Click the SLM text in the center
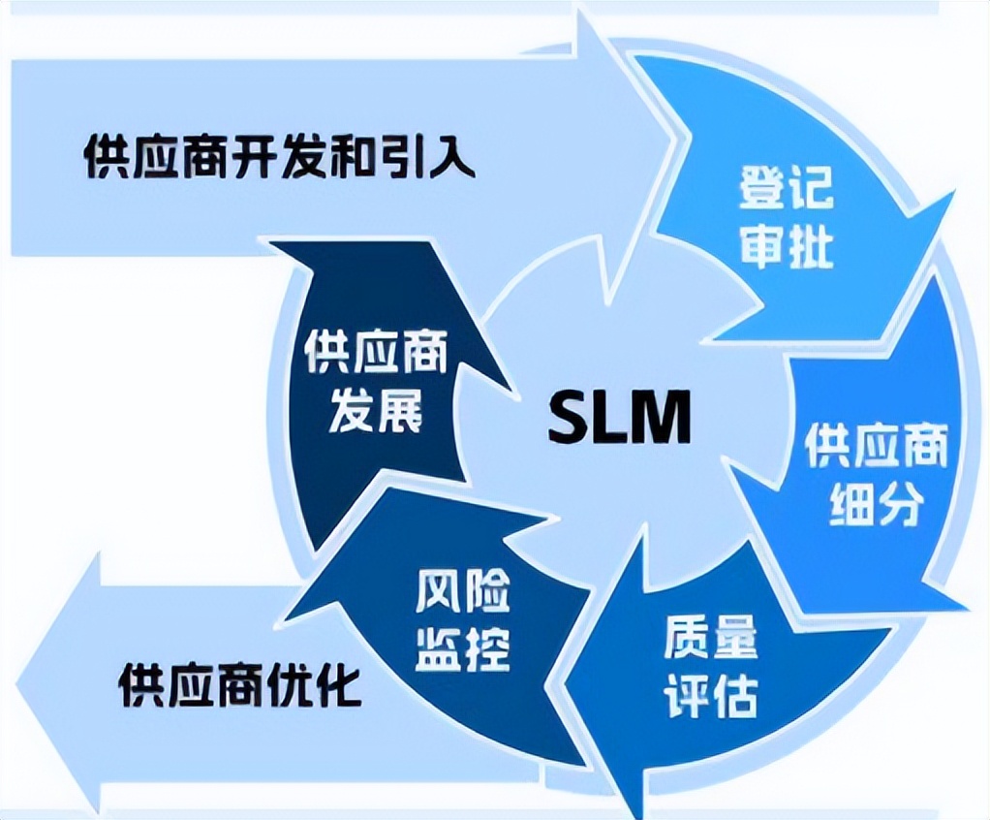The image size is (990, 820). pos(620,418)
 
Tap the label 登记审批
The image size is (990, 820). pos(786,216)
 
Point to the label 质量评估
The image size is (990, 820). pos(711,664)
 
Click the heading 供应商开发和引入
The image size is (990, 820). pos(279,156)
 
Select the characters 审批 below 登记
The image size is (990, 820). pos(786,246)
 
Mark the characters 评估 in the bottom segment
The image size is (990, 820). pos(711,694)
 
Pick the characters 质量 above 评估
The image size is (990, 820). pos(711,635)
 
